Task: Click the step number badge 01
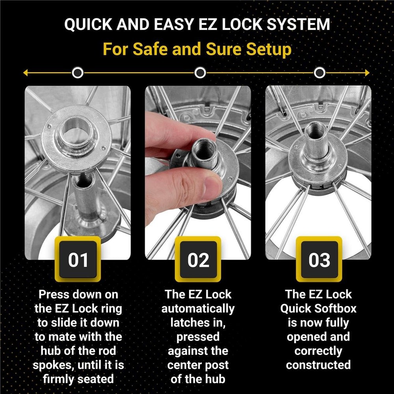pyautogui.click(x=78, y=260)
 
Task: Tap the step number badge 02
pyautogui.click(x=198, y=260)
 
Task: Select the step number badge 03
pyautogui.click(x=319, y=260)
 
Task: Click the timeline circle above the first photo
pyautogui.click(x=78, y=73)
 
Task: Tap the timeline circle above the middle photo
pyautogui.click(x=200, y=73)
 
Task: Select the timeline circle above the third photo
pyautogui.click(x=320, y=73)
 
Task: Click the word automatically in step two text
pyautogui.click(x=198, y=309)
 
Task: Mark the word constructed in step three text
pyautogui.click(x=318, y=365)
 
